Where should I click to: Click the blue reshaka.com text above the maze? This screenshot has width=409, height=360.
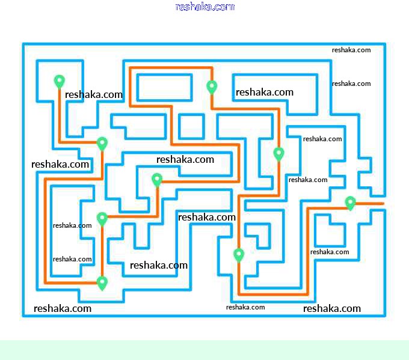click(204, 7)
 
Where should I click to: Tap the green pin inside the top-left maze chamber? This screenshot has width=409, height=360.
click(59, 81)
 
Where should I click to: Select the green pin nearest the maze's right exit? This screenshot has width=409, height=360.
click(350, 203)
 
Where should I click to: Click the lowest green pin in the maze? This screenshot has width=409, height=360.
click(102, 282)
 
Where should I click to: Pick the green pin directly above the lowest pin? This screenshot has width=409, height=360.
click(102, 219)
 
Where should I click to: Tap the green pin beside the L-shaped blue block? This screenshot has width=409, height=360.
click(239, 255)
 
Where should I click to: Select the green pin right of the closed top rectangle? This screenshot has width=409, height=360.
click(212, 87)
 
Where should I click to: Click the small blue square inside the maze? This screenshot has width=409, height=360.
click(191, 126)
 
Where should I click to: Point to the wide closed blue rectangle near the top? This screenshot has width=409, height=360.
click(164, 88)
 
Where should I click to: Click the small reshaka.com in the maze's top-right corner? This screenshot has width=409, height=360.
click(351, 50)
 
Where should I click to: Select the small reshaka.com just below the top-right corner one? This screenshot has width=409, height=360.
click(351, 84)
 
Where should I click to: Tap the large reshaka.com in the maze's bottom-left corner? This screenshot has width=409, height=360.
click(63, 308)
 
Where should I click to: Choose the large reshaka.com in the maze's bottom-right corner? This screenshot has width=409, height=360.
click(332, 308)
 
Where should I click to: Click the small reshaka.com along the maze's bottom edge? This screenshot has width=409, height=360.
click(245, 307)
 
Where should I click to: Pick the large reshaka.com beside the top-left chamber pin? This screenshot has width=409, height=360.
click(94, 94)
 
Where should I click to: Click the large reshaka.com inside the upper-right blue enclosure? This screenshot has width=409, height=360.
click(265, 92)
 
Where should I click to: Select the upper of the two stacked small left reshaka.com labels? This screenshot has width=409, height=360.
click(72, 225)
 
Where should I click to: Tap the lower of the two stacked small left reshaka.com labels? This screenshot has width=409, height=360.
click(72, 259)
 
